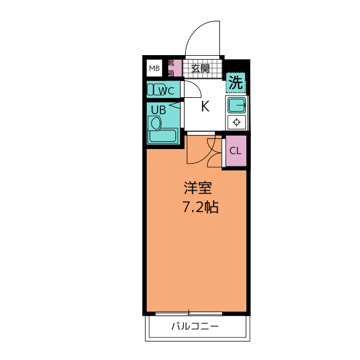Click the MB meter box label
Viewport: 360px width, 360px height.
(154, 68)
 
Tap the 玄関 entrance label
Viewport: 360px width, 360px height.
(200, 69)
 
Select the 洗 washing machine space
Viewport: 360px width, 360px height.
(236, 83)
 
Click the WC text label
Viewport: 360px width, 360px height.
(166, 91)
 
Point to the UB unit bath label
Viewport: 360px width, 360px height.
(159, 110)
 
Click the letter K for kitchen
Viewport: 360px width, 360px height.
(205, 106)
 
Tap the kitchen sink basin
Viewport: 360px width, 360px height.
(237, 105)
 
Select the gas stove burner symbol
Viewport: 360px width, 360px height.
(236, 122)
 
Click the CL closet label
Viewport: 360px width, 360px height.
(236, 151)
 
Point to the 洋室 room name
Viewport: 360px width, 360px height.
(197, 188)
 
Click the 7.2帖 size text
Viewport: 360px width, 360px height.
(200, 207)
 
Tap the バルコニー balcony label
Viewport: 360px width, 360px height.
(195, 326)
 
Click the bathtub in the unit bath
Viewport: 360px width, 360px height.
(163, 136)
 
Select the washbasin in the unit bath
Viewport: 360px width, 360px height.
(155, 123)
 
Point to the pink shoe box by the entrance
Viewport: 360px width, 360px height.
(175, 68)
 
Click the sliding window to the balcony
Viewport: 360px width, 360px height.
(189, 313)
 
